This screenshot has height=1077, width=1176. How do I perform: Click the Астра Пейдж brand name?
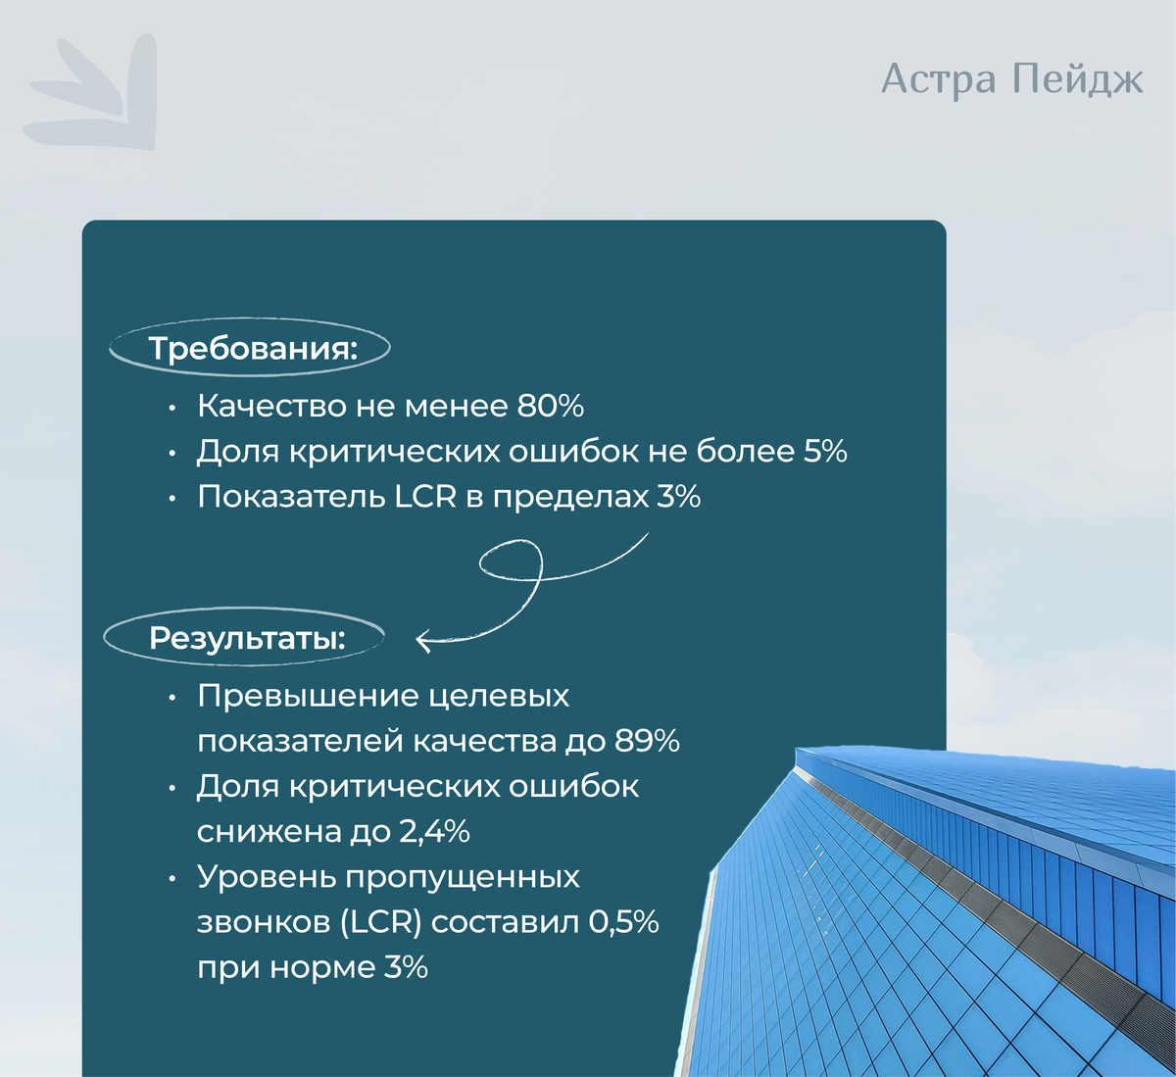[1011, 79]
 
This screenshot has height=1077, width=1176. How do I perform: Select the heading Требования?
[253, 348]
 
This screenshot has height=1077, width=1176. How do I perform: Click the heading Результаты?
[247, 638]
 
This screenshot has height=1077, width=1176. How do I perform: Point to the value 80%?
[550, 406]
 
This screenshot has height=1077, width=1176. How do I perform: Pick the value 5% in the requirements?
[825, 451]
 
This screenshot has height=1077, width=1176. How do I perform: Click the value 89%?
[647, 741]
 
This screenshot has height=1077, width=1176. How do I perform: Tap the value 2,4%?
[434, 832]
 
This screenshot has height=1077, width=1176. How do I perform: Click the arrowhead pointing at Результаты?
[423, 642]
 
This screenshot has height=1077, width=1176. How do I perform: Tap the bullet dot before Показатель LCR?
[172, 498]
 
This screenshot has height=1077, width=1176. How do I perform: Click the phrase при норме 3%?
[313, 968]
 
